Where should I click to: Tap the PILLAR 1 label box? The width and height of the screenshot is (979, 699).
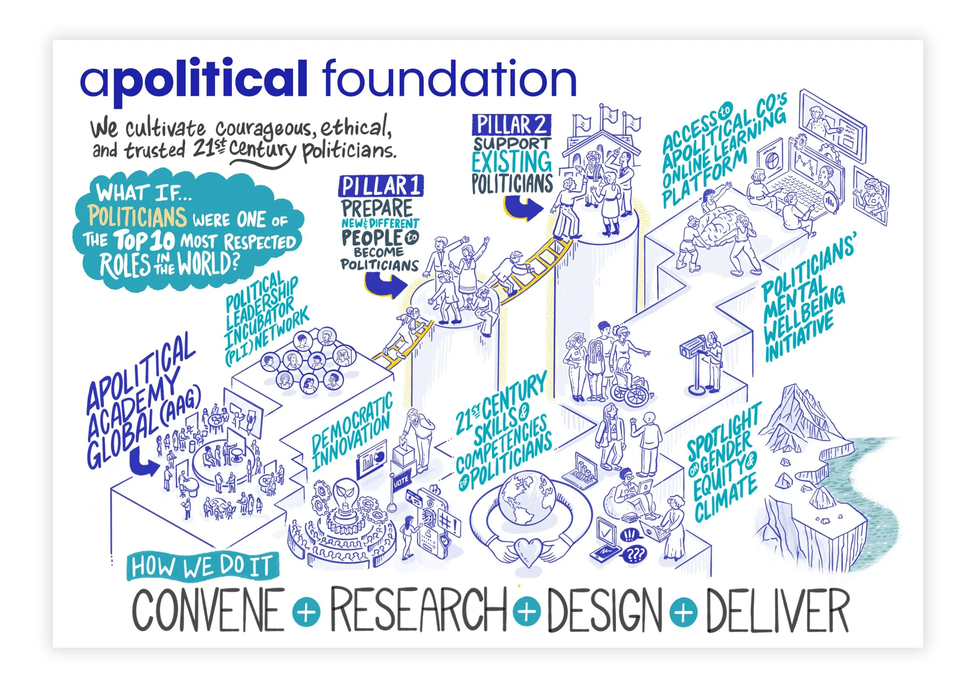[381, 186]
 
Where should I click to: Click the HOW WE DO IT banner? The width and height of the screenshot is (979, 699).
[202, 566]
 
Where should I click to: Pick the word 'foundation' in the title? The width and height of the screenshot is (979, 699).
[449, 79]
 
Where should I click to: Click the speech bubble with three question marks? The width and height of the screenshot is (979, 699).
[634, 555]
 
